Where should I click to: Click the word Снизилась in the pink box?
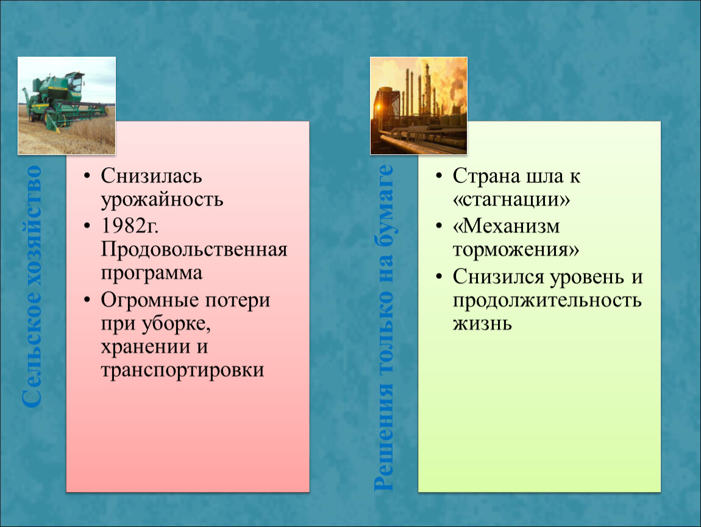(151, 176)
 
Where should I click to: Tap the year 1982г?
(130, 226)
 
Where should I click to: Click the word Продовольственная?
(194, 249)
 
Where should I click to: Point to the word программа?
(152, 273)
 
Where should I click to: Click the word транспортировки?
(182, 370)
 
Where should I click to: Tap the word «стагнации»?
(511, 199)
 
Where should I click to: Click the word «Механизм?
(506, 226)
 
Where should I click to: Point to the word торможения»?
(516, 249)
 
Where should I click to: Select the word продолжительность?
(547, 300)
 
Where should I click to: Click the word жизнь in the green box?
(482, 323)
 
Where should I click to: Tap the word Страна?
(486, 176)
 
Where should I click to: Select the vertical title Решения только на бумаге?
(383, 328)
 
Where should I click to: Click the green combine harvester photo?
(66, 106)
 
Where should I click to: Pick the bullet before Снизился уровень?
(438, 277)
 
